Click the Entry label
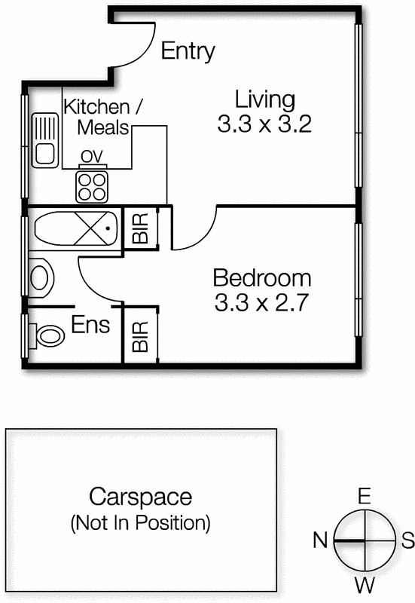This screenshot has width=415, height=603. coord(188,51)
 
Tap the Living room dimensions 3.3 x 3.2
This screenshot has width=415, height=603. coord(264,124)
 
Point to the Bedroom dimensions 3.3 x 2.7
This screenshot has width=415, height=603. coord(262,302)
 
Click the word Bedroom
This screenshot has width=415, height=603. coord(262,277)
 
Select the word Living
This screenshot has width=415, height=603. coord(265,100)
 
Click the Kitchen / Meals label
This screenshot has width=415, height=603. coord(103,117)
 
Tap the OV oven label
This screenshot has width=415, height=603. coord(92,156)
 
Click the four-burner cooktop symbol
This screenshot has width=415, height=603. coord(92,187)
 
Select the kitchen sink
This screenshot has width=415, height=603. coord(45,140)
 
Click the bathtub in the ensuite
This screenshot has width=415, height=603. coord(76,228)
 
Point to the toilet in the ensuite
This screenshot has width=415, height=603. coord(46,336)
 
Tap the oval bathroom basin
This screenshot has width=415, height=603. coord(40,277)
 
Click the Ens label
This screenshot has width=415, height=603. coord(90,325)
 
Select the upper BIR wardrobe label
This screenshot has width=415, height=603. coord(140,228)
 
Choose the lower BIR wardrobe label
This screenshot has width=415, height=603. coord(140,337)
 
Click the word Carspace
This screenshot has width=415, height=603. coord(141,497)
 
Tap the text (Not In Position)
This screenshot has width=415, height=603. coord(141,522)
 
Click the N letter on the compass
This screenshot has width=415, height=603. coord(320,540)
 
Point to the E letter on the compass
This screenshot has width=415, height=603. coord(365,496)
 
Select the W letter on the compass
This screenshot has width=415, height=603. coord(365,586)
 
